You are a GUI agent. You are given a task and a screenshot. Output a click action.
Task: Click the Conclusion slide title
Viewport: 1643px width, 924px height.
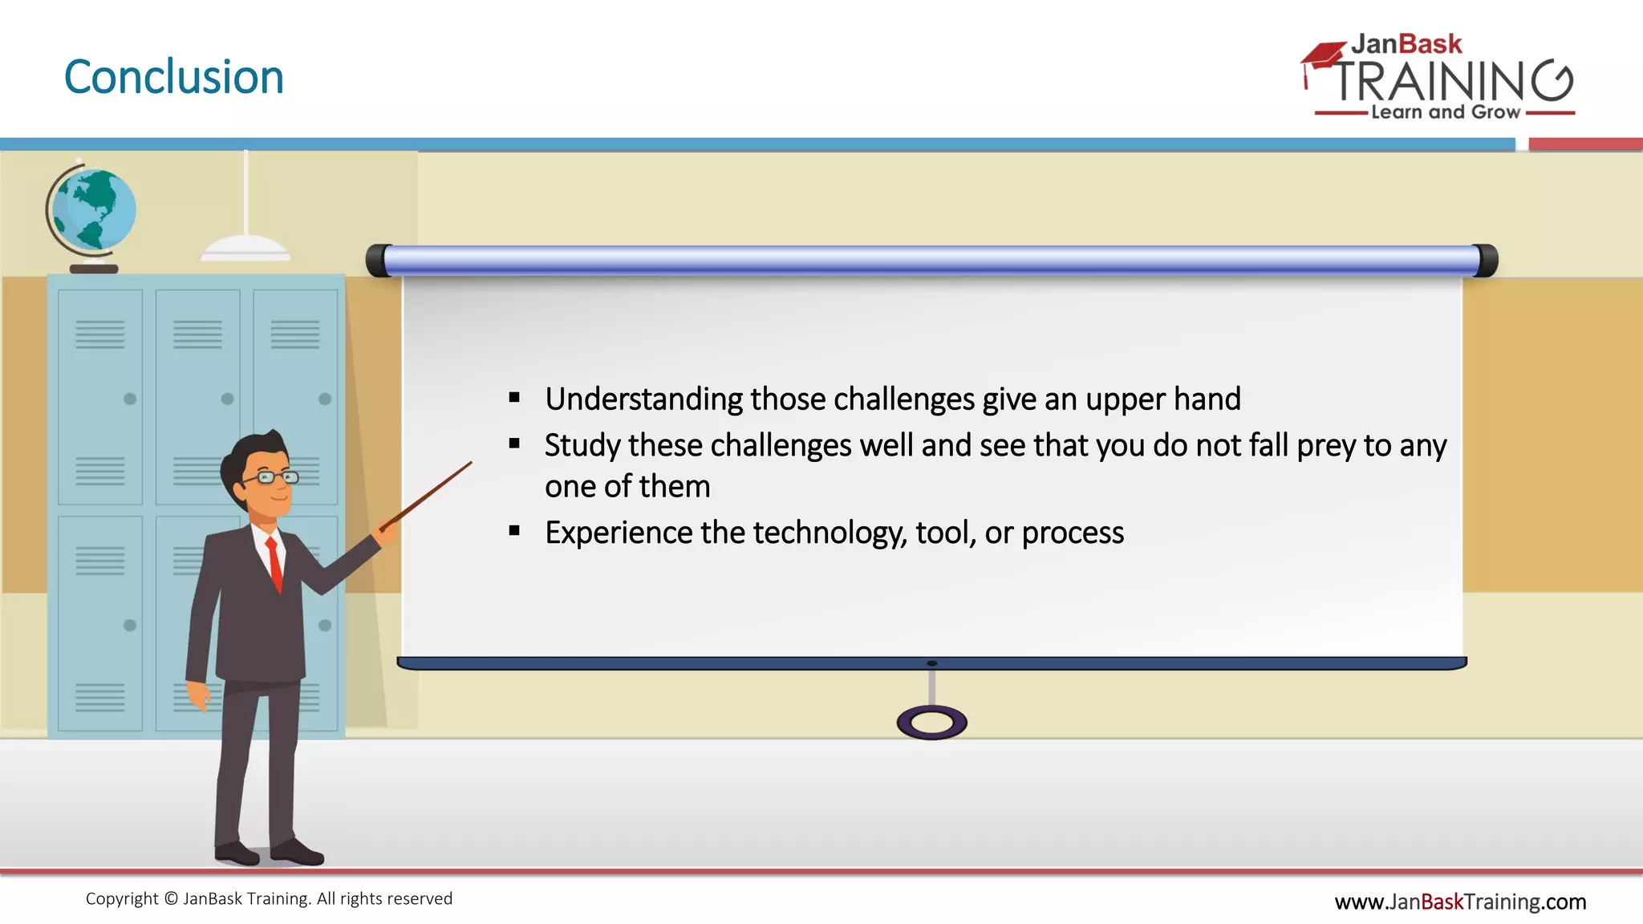click(173, 77)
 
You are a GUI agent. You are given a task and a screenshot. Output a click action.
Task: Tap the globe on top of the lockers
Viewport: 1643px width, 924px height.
click(95, 209)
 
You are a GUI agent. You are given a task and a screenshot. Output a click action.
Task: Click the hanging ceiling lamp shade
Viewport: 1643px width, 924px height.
click(245, 248)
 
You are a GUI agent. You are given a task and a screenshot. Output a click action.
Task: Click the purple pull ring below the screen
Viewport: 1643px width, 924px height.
click(931, 723)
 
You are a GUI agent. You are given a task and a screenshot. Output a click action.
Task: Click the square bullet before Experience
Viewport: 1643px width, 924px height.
click(514, 530)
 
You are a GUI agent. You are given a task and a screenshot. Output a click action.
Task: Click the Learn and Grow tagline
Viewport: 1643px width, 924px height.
click(1445, 112)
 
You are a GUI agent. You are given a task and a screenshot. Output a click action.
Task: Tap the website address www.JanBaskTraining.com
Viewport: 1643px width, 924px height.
click(1460, 902)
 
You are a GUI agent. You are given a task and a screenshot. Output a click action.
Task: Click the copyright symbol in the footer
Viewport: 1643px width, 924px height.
click(171, 899)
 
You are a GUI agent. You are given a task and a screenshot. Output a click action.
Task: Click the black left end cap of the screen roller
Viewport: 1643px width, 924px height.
click(376, 261)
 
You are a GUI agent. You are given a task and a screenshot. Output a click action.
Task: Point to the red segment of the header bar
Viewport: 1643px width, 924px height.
click(1585, 144)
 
